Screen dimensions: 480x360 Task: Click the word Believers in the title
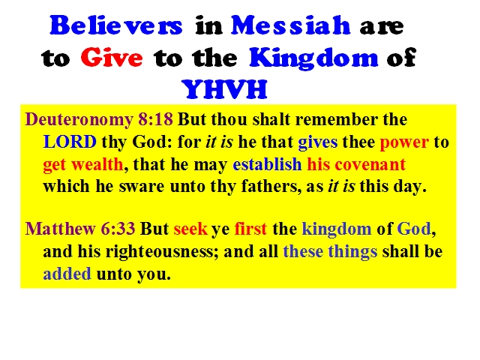click(116, 25)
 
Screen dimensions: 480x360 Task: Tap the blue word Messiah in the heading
click(290, 25)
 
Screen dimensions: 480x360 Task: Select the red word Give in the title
click(112, 58)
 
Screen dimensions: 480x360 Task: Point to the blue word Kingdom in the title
click(313, 58)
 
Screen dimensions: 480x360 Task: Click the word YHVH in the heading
click(224, 89)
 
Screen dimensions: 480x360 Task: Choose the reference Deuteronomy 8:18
click(99, 119)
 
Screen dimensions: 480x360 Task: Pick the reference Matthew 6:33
click(80, 229)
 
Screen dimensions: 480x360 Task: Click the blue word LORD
click(70, 142)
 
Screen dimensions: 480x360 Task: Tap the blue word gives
click(318, 142)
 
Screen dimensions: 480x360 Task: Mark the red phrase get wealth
click(83, 165)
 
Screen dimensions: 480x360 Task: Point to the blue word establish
click(267, 164)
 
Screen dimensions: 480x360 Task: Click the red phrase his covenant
click(356, 164)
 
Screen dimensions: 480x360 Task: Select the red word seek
click(190, 229)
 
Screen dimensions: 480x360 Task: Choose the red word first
click(250, 229)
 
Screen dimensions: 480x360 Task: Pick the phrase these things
click(330, 252)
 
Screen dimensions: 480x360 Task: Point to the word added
click(67, 273)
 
